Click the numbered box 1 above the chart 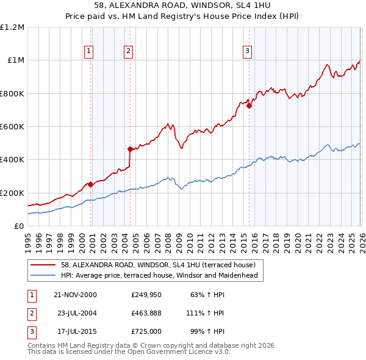(x=89, y=51)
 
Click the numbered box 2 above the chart (x=129, y=51)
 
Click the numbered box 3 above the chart (x=248, y=51)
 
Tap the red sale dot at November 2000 (x=91, y=184)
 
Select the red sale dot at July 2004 (x=130, y=149)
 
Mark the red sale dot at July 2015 (x=249, y=106)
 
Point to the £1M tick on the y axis (x=16, y=60)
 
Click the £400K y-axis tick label (x=13, y=160)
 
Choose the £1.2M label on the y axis (x=13, y=27)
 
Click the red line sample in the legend (x=44, y=265)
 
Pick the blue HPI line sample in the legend (x=44, y=275)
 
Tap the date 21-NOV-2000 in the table (x=75, y=295)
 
